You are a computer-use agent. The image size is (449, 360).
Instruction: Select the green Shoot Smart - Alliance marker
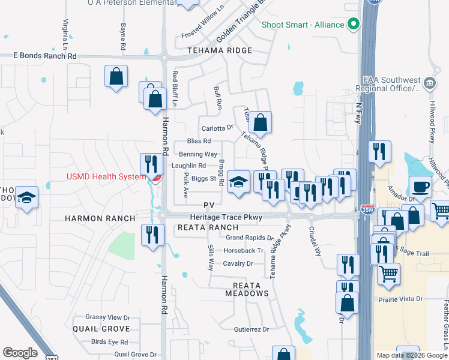coord(354,25)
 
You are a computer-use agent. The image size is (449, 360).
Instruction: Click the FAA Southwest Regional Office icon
coord(429,82)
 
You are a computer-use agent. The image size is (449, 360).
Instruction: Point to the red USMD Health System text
coord(106,176)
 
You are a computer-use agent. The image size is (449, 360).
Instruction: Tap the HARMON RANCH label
coord(100,219)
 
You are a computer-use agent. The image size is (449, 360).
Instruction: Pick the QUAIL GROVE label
coord(101,329)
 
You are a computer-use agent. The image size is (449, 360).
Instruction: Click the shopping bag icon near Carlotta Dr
coord(260,123)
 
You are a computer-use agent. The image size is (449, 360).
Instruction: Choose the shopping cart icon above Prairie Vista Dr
coord(388,274)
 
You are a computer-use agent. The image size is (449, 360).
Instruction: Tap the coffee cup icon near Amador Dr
coord(420,187)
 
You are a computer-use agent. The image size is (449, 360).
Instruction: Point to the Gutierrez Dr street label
coord(252,329)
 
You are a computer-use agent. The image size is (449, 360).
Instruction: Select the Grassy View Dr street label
coord(107,317)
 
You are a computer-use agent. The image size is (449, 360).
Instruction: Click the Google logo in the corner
coord(20,353)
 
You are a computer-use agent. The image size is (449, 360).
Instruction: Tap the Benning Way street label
coord(194,154)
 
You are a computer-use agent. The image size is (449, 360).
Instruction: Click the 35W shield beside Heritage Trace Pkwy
coord(368,210)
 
